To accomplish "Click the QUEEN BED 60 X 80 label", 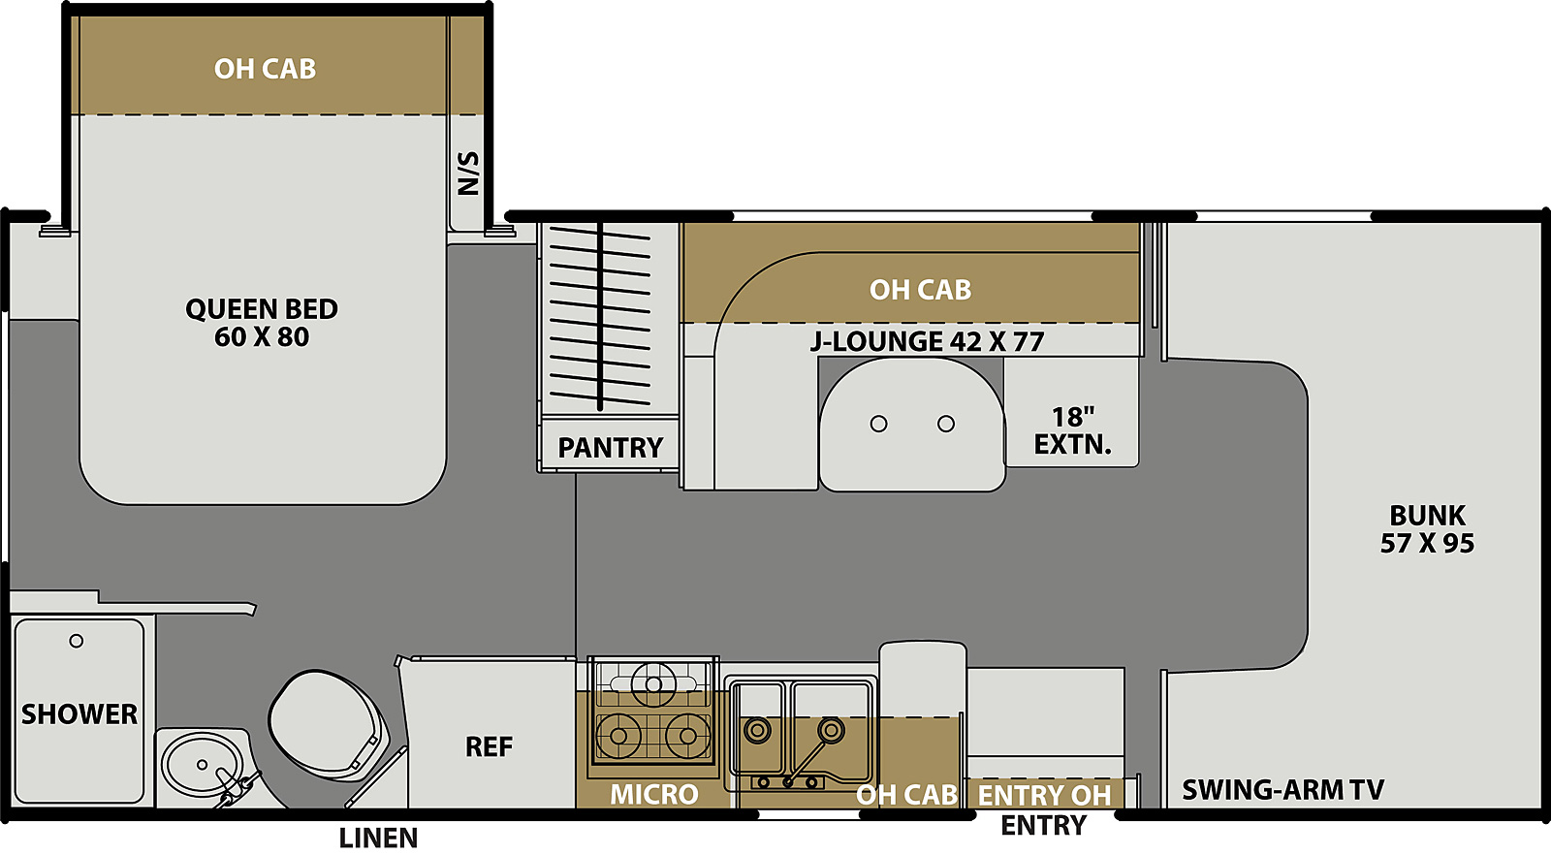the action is [262, 323].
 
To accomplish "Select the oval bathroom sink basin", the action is [203, 764].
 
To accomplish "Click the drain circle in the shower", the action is [77, 641].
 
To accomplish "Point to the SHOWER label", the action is [79, 714].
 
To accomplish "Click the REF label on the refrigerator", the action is [489, 747].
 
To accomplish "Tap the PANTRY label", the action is [610, 448].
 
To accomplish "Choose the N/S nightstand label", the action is [468, 174].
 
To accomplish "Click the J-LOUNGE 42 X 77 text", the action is [927, 341].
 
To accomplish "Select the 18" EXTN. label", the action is [1072, 430].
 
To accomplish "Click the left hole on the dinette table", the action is [878, 424].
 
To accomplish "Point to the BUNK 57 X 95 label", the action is [1427, 529].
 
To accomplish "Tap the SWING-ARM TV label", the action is [1282, 790].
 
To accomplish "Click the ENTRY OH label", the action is [1044, 796].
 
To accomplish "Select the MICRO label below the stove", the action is [653, 795].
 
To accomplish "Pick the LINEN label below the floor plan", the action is [378, 839].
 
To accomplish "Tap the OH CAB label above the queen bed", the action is [265, 69].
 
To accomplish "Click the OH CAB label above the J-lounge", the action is [920, 290].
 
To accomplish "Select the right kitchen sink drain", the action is [830, 730].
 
